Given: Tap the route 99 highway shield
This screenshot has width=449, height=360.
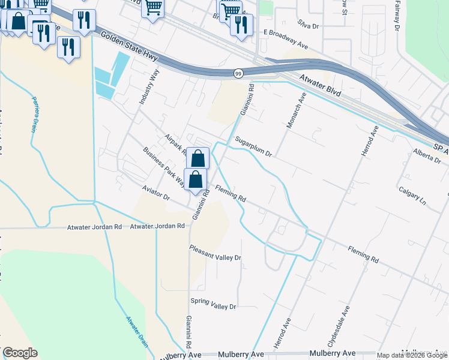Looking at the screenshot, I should (x=238, y=73).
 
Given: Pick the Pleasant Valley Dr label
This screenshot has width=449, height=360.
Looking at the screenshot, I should (x=215, y=253).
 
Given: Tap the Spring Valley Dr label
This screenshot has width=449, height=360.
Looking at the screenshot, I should (x=213, y=304).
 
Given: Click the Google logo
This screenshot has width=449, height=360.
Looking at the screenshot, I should (x=20, y=353).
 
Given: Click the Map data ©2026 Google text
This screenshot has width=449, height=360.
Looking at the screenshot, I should (x=412, y=355).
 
